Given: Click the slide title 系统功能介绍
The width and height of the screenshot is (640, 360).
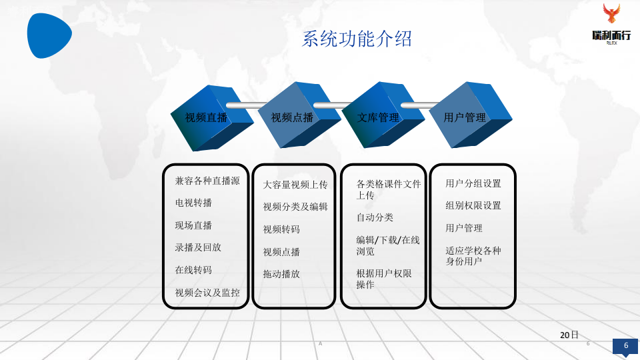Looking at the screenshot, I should (357, 39).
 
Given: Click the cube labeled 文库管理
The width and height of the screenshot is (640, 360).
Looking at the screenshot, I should (379, 117).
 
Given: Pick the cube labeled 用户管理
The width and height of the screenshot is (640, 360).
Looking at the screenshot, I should (465, 117).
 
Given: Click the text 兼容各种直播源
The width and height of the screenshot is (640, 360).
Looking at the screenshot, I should (207, 181).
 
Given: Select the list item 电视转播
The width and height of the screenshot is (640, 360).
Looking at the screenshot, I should (193, 203).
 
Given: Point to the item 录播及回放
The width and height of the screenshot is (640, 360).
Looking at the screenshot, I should (198, 247).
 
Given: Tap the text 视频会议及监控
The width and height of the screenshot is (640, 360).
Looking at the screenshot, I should (207, 293).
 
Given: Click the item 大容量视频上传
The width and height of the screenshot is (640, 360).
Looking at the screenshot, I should (295, 185).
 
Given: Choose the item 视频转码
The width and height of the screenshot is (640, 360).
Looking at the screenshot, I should (281, 229).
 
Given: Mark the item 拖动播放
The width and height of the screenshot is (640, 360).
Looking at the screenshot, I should (281, 274).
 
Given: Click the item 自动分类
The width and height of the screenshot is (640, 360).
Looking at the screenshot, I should (375, 217).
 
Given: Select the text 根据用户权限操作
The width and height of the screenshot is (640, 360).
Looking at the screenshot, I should (383, 279).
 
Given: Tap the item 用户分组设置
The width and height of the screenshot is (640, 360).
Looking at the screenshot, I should (473, 183).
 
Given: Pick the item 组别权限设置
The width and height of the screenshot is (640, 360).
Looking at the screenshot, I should (473, 205).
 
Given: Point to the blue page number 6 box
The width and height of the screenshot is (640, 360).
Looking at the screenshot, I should (625, 345).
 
